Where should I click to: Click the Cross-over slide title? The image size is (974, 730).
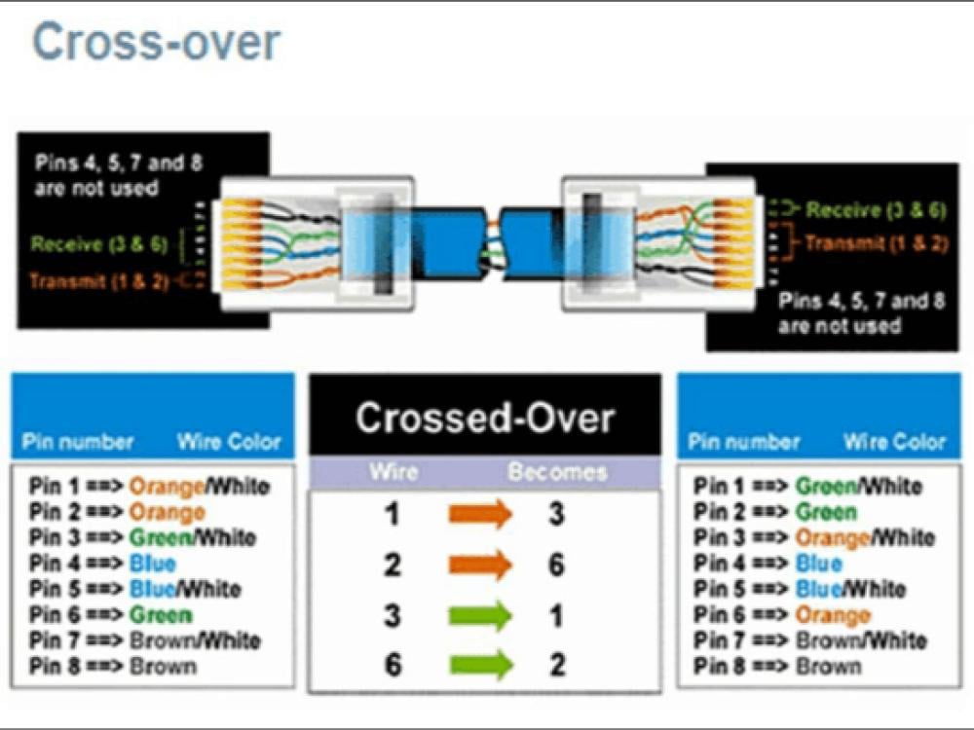coord(157,42)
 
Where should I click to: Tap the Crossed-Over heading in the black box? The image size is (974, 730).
coord(485,418)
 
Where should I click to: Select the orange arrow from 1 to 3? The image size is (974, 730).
coord(480,514)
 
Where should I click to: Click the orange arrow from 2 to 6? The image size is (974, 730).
coord(480,565)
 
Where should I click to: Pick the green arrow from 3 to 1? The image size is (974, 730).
coord(480,616)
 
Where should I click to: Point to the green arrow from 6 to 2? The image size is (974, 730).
coord(480,665)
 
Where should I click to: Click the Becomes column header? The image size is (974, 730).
coord(557,472)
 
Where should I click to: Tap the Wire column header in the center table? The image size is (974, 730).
coord(393,472)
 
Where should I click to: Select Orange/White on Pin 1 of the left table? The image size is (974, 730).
coord(200,486)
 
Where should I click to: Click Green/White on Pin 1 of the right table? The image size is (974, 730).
coord(858,486)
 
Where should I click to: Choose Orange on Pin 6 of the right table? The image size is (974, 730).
coord(833,615)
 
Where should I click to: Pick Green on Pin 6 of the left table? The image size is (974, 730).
coord(161,615)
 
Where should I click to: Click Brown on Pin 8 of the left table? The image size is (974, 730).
coord(163,666)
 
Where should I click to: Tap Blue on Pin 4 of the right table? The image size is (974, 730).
coord(819,564)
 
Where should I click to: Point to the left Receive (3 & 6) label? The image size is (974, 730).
coord(98,244)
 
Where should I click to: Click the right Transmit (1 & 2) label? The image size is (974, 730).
coord(877,242)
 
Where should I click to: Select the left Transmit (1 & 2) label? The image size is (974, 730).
coord(98,281)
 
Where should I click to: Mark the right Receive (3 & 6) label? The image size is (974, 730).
coord(876,210)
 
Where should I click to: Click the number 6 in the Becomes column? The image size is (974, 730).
coord(556,565)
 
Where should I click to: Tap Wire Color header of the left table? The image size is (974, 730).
coord(229,441)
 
